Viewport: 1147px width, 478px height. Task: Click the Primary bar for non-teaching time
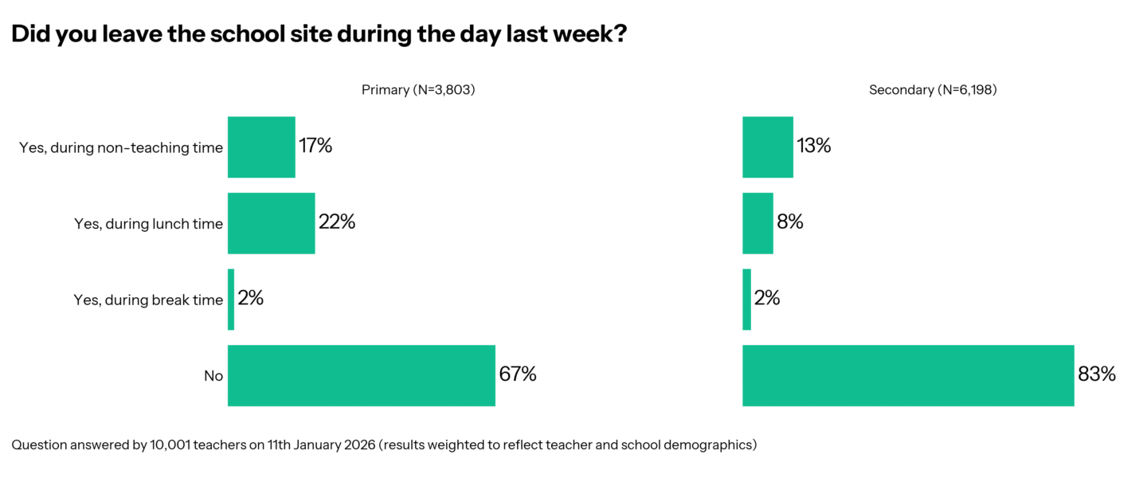click(261, 147)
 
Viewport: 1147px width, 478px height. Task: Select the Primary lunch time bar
click(271, 223)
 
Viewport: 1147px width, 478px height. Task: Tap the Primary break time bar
click(231, 300)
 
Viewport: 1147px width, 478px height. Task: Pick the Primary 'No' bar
click(361, 375)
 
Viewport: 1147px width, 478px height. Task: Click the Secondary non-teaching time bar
click(767, 147)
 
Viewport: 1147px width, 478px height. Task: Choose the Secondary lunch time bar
click(757, 223)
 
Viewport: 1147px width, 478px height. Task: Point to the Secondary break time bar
click(746, 300)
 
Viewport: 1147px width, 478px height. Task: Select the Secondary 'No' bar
click(908, 375)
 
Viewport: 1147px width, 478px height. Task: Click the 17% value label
click(315, 147)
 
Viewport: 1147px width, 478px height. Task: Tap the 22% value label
click(336, 223)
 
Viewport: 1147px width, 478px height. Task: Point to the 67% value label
click(518, 374)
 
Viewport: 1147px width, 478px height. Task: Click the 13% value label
click(813, 147)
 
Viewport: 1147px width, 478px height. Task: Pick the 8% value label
click(790, 223)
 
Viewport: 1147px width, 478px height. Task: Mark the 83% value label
click(1097, 374)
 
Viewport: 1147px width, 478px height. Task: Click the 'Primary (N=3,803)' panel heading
click(418, 90)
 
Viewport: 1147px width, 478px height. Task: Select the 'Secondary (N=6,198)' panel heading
click(933, 90)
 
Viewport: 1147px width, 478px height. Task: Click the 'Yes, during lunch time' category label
click(148, 224)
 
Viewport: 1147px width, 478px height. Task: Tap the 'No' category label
click(213, 376)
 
